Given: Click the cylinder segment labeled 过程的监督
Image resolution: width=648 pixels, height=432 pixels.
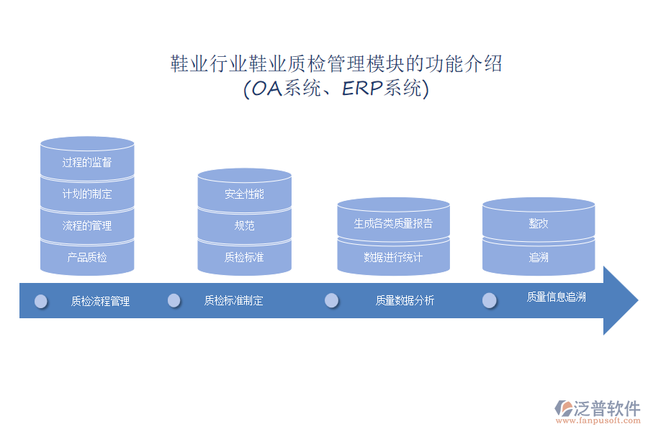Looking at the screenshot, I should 87,163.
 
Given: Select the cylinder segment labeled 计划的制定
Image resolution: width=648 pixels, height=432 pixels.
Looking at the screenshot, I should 87,194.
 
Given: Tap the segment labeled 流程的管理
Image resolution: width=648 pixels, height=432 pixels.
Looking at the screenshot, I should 87,226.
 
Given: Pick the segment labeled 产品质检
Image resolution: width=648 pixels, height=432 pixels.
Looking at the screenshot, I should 87,257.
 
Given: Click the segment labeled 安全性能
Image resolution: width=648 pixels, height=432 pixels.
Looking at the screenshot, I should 244,194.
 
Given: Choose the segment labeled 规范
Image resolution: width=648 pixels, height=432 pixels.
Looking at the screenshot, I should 244,226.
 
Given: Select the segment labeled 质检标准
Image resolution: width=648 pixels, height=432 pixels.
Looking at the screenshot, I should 244,257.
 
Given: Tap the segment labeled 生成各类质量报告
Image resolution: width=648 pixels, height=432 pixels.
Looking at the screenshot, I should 393,223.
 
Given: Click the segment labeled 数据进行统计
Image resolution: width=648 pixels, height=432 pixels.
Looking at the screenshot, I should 393,257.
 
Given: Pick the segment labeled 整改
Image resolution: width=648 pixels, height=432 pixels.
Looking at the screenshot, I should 539,223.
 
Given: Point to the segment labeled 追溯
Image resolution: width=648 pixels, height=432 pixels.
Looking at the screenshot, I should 539,257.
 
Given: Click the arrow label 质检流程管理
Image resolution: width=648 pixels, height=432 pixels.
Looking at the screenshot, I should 100,302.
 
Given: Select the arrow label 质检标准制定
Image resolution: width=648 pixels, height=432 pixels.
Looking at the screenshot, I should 233,301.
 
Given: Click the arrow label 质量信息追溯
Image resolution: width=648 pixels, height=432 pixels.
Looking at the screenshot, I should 556,297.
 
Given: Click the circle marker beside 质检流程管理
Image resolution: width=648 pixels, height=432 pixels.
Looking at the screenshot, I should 41,301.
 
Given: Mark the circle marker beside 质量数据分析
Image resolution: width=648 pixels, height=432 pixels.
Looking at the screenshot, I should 332,300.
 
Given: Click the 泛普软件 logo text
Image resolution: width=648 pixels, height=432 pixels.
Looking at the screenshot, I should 606,408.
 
